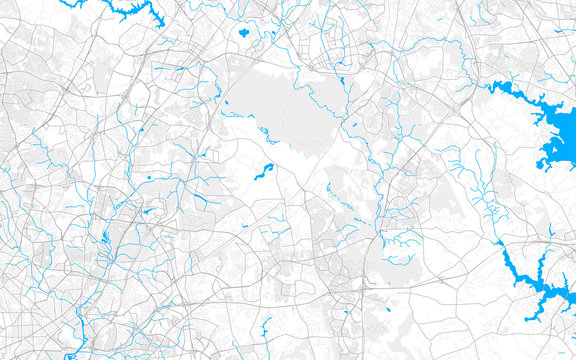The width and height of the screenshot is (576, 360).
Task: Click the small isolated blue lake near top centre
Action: tap(243, 32)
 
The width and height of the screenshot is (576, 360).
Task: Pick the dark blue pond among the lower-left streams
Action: tap(104, 238)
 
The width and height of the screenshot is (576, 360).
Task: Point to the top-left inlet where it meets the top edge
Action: tap(104, 3)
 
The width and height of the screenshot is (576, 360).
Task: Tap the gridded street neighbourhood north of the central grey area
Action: tap(320, 50)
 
